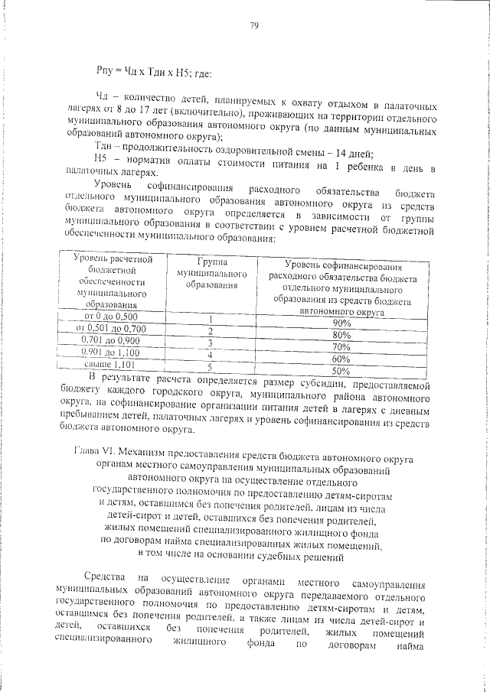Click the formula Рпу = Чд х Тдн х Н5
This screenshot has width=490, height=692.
tap(148, 73)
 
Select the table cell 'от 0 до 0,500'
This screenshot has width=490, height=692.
tap(112, 316)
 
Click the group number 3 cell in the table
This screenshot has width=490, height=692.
tap(209, 343)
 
